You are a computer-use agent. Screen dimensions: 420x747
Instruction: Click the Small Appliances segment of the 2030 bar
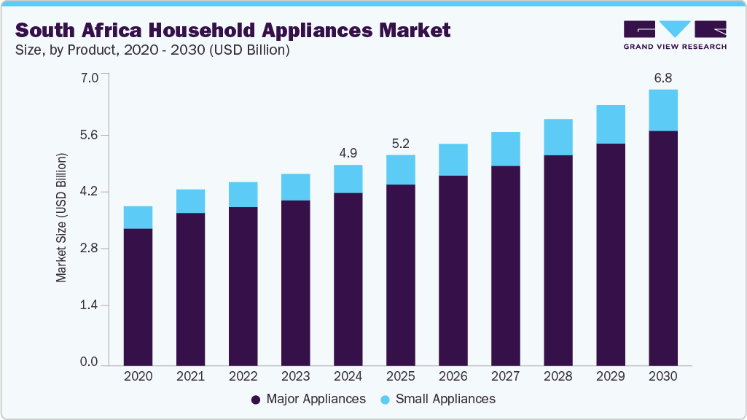(x=663, y=110)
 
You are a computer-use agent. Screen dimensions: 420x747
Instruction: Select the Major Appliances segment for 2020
(x=138, y=297)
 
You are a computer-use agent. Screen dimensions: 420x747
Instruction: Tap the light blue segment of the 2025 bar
(x=400, y=170)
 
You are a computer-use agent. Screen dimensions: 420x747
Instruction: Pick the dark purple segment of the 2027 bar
(x=505, y=265)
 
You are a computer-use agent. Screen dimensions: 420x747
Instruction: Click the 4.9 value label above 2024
(x=348, y=153)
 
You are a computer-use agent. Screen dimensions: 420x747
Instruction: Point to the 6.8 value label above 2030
(x=663, y=78)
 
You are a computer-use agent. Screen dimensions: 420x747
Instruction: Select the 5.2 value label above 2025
(x=400, y=144)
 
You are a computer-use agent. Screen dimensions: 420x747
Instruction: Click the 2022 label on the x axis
(x=243, y=377)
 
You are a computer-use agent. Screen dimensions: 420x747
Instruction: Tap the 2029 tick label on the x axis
(x=610, y=377)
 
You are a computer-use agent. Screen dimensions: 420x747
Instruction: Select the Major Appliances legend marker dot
(x=255, y=400)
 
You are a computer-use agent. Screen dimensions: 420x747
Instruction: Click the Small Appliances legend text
(x=445, y=399)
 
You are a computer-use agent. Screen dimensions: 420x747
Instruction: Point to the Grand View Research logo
(x=674, y=34)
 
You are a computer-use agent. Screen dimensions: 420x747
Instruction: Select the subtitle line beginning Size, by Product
(x=153, y=50)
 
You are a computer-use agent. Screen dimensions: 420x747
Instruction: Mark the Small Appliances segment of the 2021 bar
(x=190, y=201)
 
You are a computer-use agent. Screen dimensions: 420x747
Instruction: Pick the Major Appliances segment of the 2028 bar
(x=558, y=260)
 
